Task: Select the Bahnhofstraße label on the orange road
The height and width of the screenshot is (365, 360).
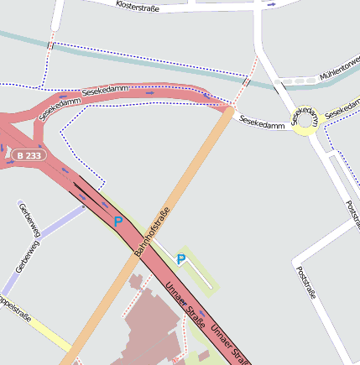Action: pos(153,232)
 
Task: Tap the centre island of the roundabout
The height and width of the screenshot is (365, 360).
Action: pos(305,121)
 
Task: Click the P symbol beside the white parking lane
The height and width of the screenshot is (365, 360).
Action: pos(181,260)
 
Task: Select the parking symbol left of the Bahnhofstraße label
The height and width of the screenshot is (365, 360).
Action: pos(118,221)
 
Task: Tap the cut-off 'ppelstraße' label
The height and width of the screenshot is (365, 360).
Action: pos(14,307)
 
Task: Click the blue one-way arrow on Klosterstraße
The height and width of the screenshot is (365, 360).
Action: pos(270,4)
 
